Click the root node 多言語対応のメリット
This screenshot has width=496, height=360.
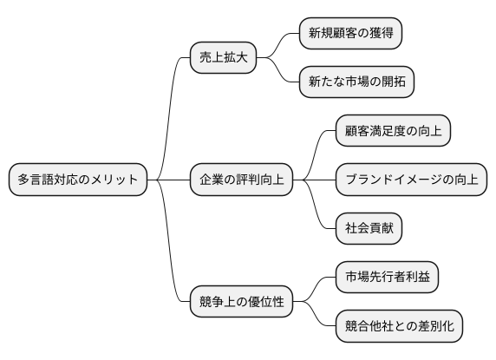click(x=77, y=180)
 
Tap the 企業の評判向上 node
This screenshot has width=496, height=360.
click(x=242, y=180)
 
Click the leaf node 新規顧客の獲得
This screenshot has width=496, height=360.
click(x=349, y=34)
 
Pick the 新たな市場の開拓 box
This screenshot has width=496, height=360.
click(x=356, y=82)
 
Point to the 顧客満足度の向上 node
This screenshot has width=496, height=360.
click(x=393, y=131)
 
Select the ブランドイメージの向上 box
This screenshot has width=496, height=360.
click(x=411, y=180)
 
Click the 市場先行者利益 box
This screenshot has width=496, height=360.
click(x=387, y=278)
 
